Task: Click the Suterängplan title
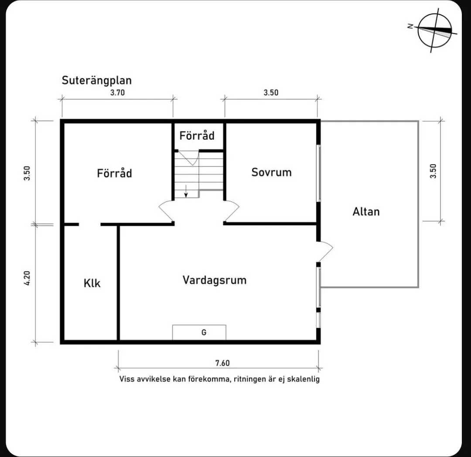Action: click(x=96, y=80)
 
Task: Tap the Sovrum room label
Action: click(x=271, y=172)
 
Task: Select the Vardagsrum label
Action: click(x=214, y=280)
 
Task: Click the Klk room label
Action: click(x=92, y=283)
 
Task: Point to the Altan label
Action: click(x=366, y=212)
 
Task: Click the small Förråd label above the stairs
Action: click(x=197, y=136)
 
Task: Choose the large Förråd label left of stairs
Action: click(x=114, y=173)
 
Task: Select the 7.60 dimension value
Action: click(x=222, y=363)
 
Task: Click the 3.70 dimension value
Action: click(x=117, y=93)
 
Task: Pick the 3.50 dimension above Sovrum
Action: click(x=270, y=93)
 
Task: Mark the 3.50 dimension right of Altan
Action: click(x=433, y=171)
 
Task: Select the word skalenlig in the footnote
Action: click(x=303, y=379)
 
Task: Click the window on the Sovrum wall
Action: click(x=318, y=173)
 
